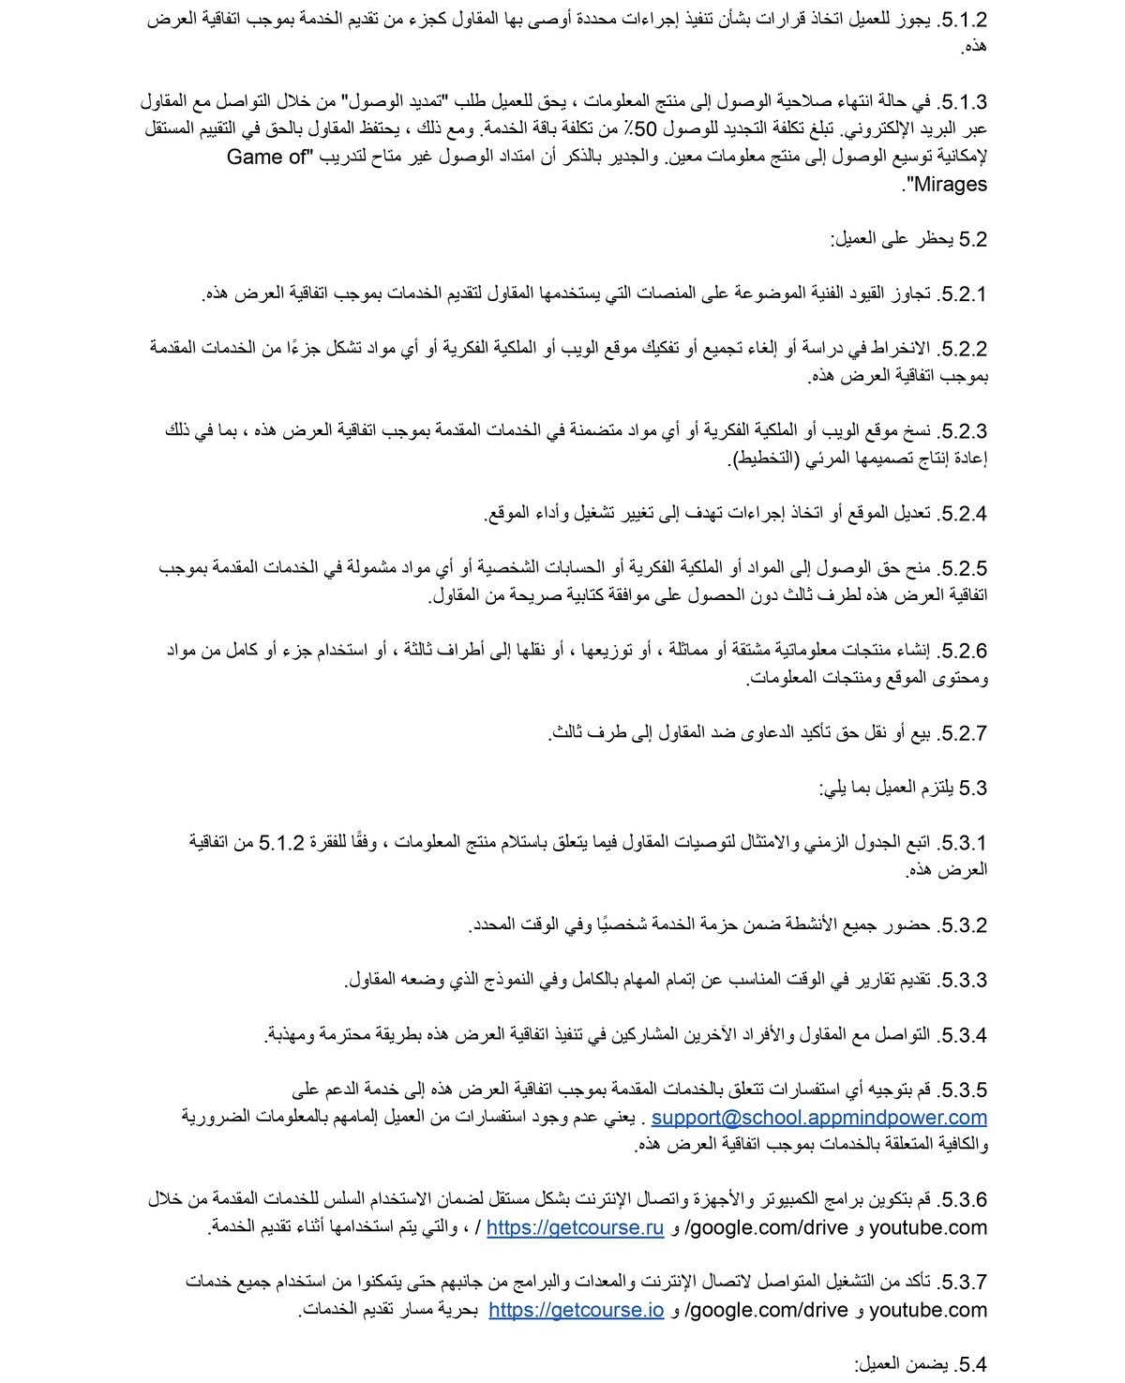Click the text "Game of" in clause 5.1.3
tap(267, 157)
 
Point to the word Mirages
tap(946, 184)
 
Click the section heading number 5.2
tap(973, 239)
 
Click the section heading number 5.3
tap(973, 788)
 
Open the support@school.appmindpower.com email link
tap(819, 1117)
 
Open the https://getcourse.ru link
tap(575, 1227)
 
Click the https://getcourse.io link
tap(576, 1310)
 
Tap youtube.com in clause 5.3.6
tap(928, 1227)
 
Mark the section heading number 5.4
tap(973, 1364)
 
